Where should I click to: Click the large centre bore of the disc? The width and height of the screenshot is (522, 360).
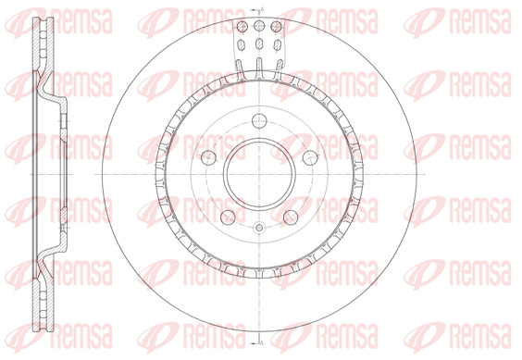pyautogui.click(x=259, y=174)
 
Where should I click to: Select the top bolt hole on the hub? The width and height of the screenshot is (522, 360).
pyautogui.click(x=259, y=120)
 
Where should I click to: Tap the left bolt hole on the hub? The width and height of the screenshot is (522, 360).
pyautogui.click(x=209, y=157)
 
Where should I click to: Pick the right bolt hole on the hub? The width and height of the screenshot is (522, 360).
pyautogui.click(x=310, y=157)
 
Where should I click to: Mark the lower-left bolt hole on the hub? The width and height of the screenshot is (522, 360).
pyautogui.click(x=228, y=217)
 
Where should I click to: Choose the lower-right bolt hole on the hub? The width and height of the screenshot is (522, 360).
pyautogui.click(x=291, y=217)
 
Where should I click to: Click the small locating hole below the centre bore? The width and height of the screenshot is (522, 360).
pyautogui.click(x=259, y=228)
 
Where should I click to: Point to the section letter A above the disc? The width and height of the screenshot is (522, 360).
pyautogui.click(x=262, y=9)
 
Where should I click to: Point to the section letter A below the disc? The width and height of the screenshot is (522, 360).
pyautogui.click(x=262, y=341)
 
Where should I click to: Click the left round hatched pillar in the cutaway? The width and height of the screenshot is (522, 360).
pyautogui.click(x=242, y=26)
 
